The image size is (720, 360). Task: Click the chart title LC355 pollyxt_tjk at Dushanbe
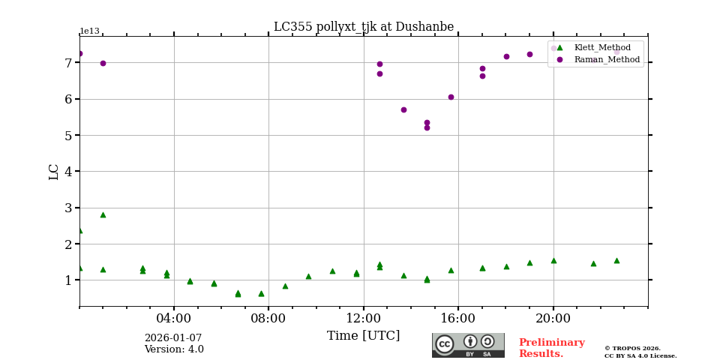(364, 27)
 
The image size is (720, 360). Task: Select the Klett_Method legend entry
(602, 47)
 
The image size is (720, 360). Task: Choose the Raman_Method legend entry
(607, 59)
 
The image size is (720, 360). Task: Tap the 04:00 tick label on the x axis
(174, 318)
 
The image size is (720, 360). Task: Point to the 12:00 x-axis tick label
(364, 318)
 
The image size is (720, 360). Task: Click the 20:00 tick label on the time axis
(553, 318)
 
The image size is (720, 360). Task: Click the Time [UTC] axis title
(364, 336)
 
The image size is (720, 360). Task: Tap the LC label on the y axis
(54, 172)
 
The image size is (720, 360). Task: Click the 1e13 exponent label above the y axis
(89, 31)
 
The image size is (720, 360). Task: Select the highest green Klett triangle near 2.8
(103, 214)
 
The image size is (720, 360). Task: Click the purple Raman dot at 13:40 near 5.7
(403, 109)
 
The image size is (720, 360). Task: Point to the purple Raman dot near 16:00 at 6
(451, 97)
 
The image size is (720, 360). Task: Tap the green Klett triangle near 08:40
(285, 286)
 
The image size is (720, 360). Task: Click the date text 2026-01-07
(173, 338)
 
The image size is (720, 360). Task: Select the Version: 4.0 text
(174, 349)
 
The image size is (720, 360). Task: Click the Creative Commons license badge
(468, 345)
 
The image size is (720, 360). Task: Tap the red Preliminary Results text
(551, 348)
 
